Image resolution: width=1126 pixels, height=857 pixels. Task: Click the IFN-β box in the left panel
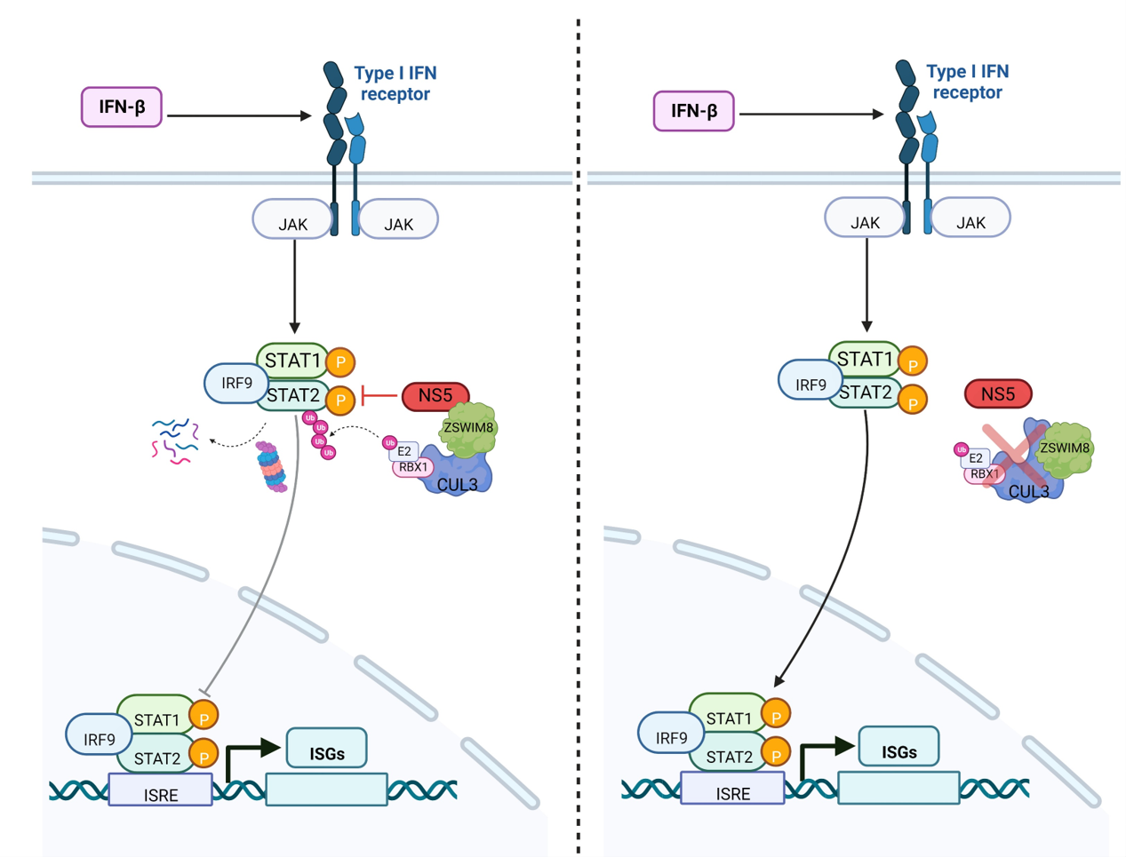(122, 107)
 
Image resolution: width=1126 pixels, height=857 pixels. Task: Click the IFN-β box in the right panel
(693, 111)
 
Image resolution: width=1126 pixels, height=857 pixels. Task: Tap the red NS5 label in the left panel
(435, 395)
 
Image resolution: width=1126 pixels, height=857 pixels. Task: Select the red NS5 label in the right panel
(997, 393)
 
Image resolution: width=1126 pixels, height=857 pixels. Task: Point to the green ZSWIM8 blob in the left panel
(468, 427)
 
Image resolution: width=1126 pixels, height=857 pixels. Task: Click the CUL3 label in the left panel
(458, 485)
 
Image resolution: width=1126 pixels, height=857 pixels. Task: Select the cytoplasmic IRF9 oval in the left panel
(236, 384)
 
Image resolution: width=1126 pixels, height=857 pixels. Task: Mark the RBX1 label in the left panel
(413, 467)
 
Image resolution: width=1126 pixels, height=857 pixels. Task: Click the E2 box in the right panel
(976, 458)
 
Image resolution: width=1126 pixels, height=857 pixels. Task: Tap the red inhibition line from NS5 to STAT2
(379, 396)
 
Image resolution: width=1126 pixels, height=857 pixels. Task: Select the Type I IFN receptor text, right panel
(967, 82)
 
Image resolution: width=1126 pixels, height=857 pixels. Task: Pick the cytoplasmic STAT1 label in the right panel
(865, 359)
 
